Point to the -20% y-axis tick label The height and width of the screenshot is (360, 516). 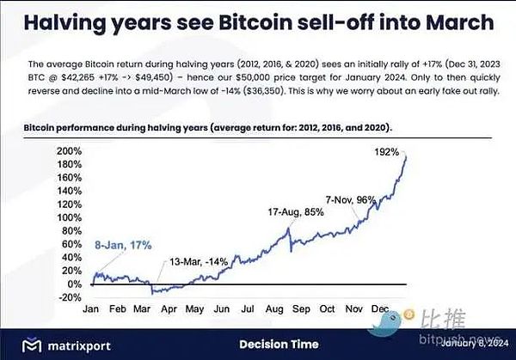point(69,298)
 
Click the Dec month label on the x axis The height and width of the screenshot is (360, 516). point(378,308)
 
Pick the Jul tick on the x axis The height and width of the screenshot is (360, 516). point(248,308)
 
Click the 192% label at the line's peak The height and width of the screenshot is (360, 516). point(387,152)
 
